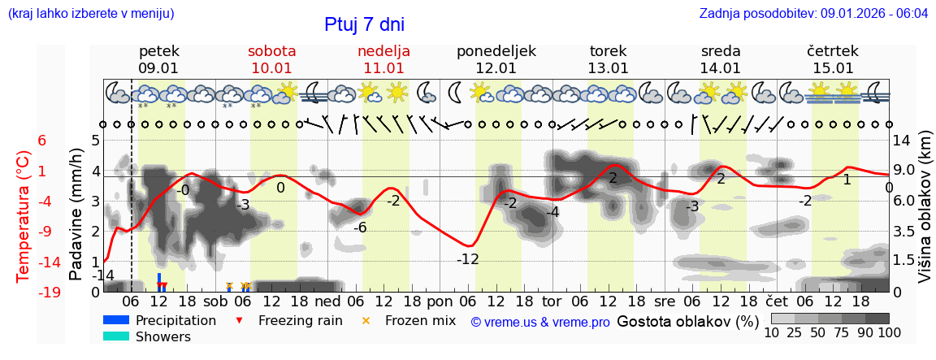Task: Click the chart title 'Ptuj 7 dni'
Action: (364, 24)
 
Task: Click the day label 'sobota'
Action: (271, 51)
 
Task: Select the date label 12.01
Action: (496, 68)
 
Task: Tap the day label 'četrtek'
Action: (833, 51)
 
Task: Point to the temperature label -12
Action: (467, 259)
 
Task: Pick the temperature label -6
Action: (360, 228)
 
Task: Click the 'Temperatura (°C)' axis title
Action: (25, 216)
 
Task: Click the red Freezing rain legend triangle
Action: (238, 320)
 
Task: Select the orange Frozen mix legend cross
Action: (366, 320)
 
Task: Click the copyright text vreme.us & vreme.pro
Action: (539, 322)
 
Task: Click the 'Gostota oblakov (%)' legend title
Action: (688, 321)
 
